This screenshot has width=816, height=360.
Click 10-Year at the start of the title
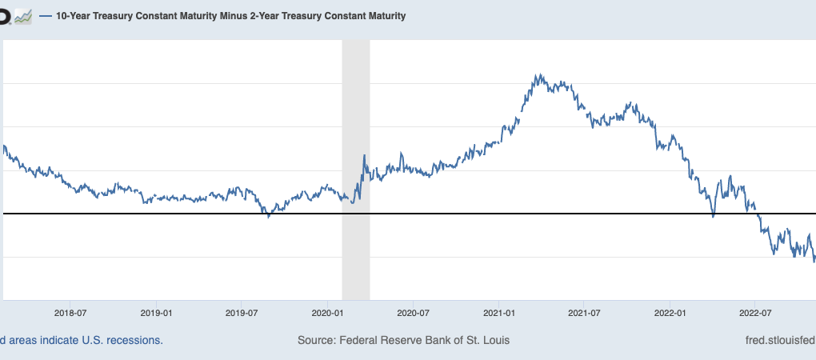click(74, 16)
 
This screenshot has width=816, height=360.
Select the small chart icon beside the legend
click(23, 16)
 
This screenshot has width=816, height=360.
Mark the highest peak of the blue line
click(539, 75)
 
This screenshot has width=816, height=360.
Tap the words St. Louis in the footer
click(485, 340)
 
